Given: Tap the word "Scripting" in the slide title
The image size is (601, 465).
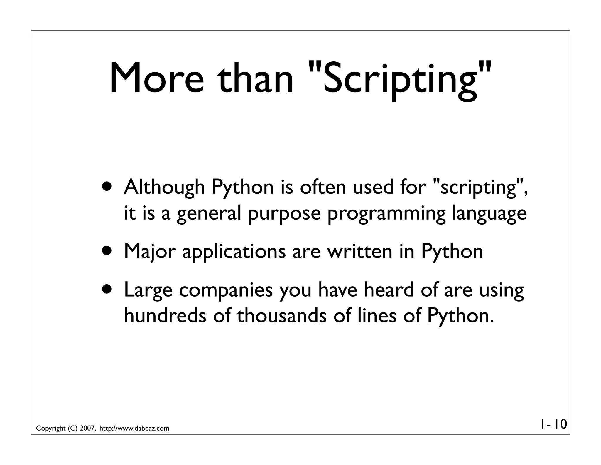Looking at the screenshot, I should point(401,79).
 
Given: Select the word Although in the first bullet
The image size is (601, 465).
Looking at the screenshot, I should point(164,187).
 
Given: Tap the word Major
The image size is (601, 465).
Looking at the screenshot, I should point(149,252).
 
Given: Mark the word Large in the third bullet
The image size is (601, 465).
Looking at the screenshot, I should point(148,290).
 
